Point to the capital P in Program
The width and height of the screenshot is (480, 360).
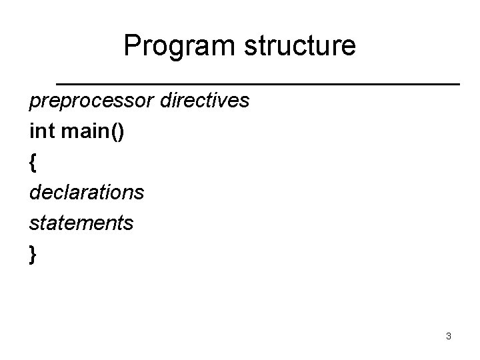point(131,47)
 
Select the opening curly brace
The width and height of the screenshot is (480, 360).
point(33,163)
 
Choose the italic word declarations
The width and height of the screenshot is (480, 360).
point(86,193)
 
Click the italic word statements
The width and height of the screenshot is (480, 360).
point(81,223)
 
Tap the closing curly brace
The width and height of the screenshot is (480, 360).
point(33,255)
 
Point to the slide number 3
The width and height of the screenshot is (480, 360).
point(449,336)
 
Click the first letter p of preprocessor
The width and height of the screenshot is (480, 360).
point(34,103)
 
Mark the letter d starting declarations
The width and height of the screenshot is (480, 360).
point(35,193)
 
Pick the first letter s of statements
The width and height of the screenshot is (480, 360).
point(33,224)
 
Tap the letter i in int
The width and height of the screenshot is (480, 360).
point(32,131)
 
